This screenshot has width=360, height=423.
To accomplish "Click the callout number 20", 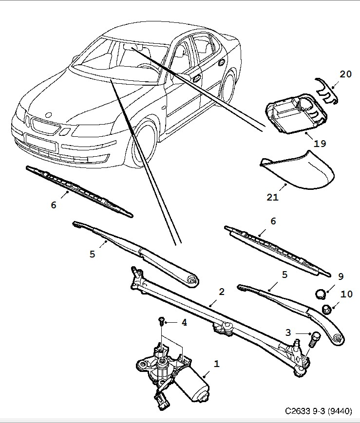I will (x=345, y=74).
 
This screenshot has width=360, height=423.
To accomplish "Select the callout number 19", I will (x=320, y=144).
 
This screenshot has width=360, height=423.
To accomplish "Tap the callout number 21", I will (x=272, y=197).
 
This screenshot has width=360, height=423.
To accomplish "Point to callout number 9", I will (x=341, y=276).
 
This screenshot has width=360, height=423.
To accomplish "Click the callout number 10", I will (x=346, y=294).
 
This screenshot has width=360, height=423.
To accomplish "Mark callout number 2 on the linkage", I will (x=222, y=292).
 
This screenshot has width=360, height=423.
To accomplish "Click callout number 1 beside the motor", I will (x=216, y=363).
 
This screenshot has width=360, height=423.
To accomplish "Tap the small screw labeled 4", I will (x=161, y=321).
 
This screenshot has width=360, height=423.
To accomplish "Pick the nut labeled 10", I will (x=327, y=308).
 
